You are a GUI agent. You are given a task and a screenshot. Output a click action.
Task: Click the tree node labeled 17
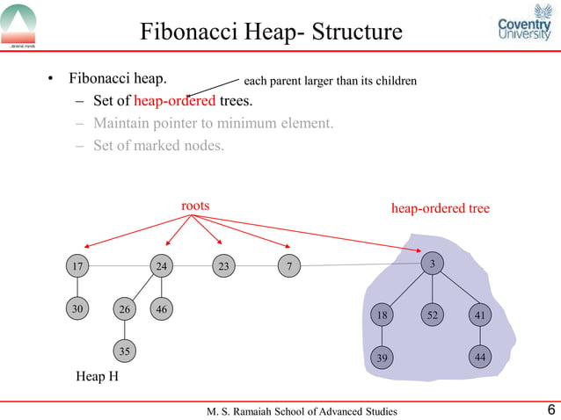[78, 265]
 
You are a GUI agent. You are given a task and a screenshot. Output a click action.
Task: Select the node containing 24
[161, 265]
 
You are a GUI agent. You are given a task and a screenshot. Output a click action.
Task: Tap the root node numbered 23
[223, 265]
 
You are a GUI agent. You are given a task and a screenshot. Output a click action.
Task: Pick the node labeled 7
[288, 265]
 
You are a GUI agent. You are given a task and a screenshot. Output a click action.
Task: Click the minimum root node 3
[432, 264]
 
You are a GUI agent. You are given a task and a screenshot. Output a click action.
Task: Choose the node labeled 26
[125, 309]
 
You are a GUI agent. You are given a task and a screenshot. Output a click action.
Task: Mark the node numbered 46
[161, 309]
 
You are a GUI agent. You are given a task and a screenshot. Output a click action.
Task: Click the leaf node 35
[125, 351]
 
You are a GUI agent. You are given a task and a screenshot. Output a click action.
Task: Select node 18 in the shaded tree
[382, 315]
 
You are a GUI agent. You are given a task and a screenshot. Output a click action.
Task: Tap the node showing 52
[432, 315]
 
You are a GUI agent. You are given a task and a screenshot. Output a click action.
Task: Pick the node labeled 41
[479, 315]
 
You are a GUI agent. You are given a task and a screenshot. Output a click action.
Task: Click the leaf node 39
[382, 358]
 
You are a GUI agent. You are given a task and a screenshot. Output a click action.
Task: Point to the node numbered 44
[479, 358]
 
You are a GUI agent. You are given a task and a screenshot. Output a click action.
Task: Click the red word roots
[195, 206]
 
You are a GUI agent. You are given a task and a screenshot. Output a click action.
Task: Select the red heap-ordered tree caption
[440, 208]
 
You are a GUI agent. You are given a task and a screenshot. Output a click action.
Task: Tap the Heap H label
[98, 378]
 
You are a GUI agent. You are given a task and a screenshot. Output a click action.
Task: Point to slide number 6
[550, 409]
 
